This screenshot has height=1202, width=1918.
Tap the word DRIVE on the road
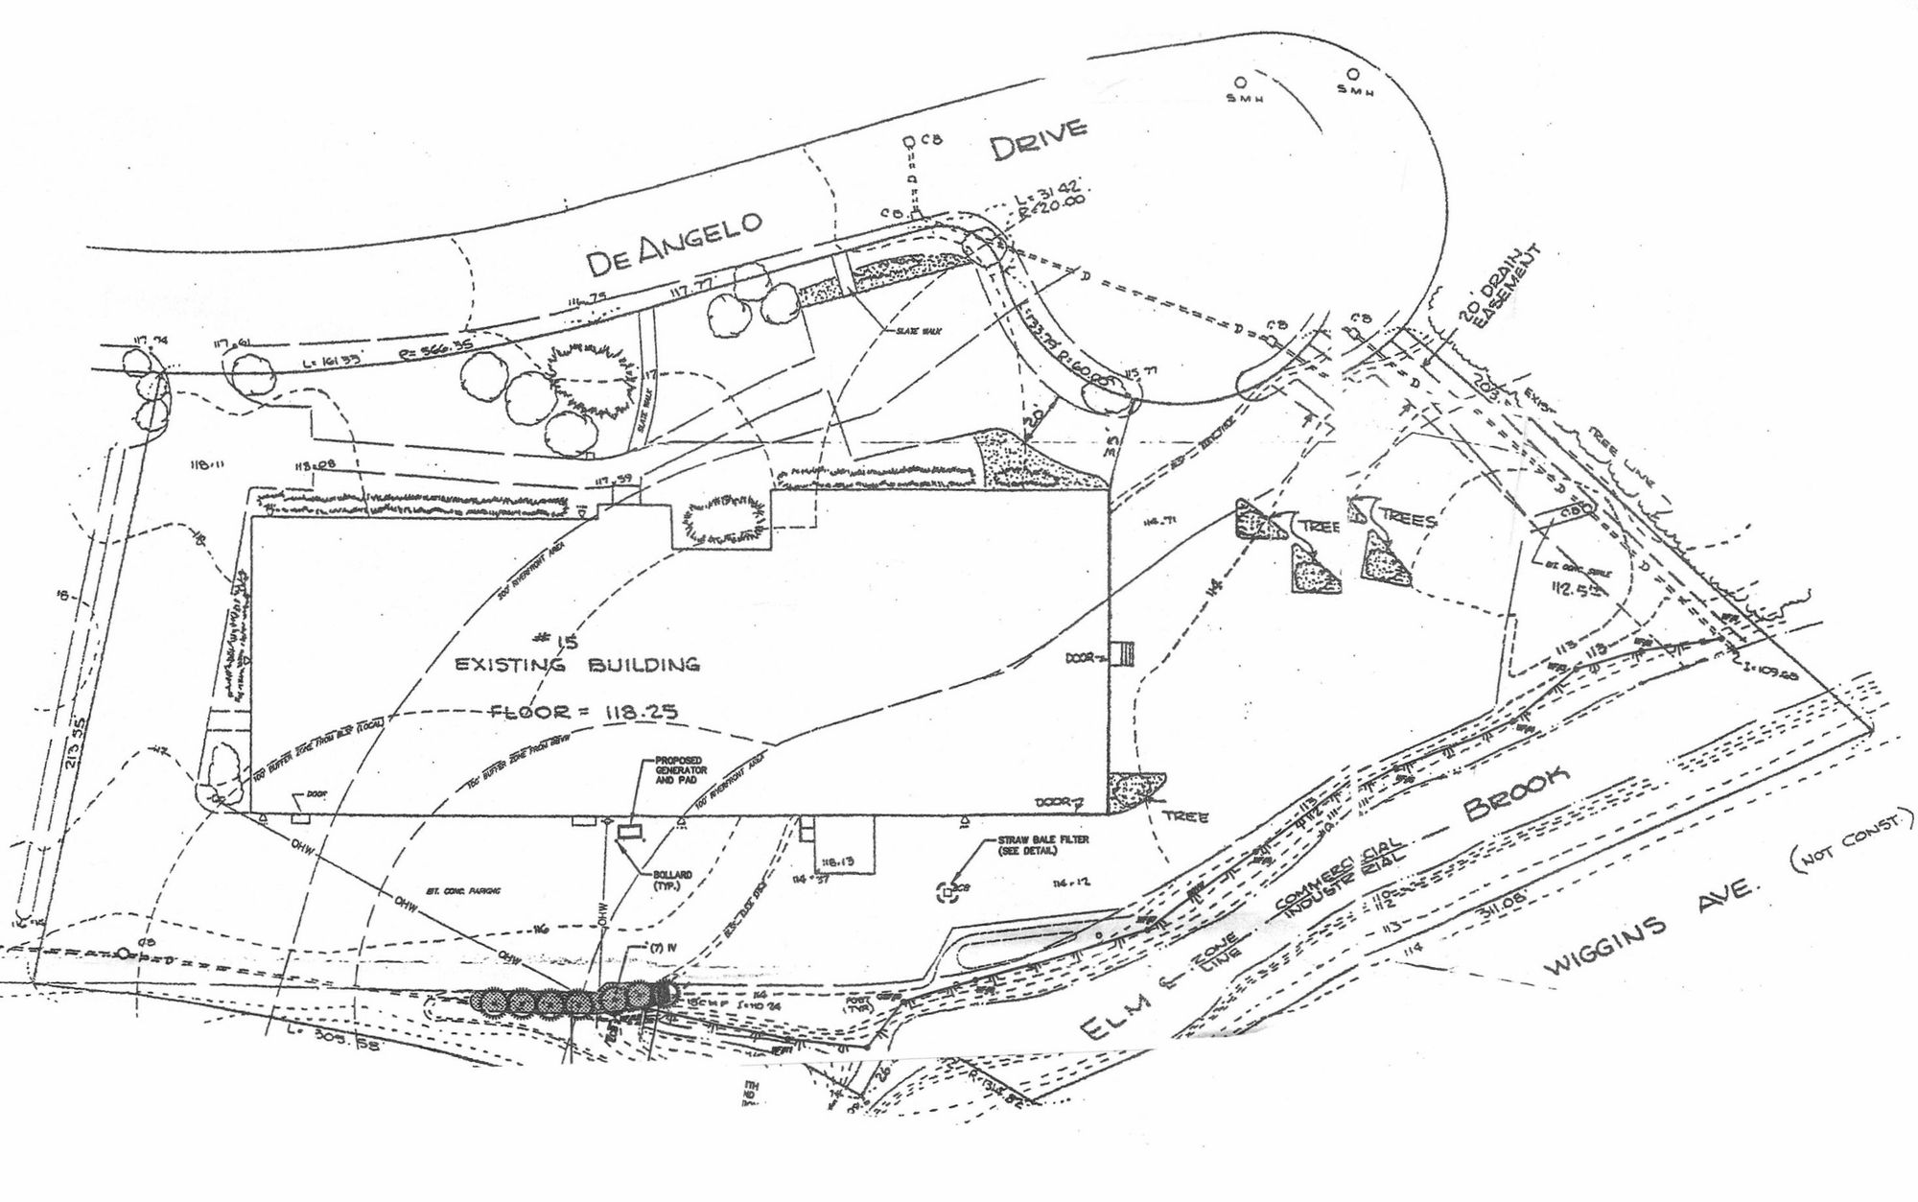(x=1039, y=139)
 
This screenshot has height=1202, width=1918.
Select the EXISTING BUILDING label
(x=576, y=664)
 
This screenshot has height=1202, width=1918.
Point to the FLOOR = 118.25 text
(x=583, y=712)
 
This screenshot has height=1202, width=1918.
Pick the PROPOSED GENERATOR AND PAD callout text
(x=681, y=770)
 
